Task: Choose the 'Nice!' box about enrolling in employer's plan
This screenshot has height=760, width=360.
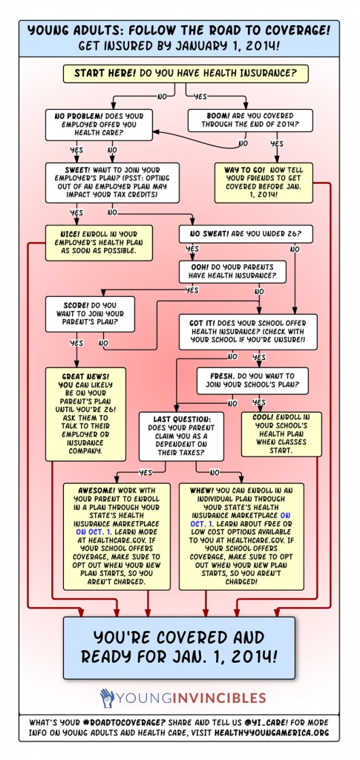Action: (x=99, y=243)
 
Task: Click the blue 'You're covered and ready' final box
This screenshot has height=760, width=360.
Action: (x=179, y=648)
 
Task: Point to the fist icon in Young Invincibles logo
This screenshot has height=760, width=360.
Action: (x=105, y=698)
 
